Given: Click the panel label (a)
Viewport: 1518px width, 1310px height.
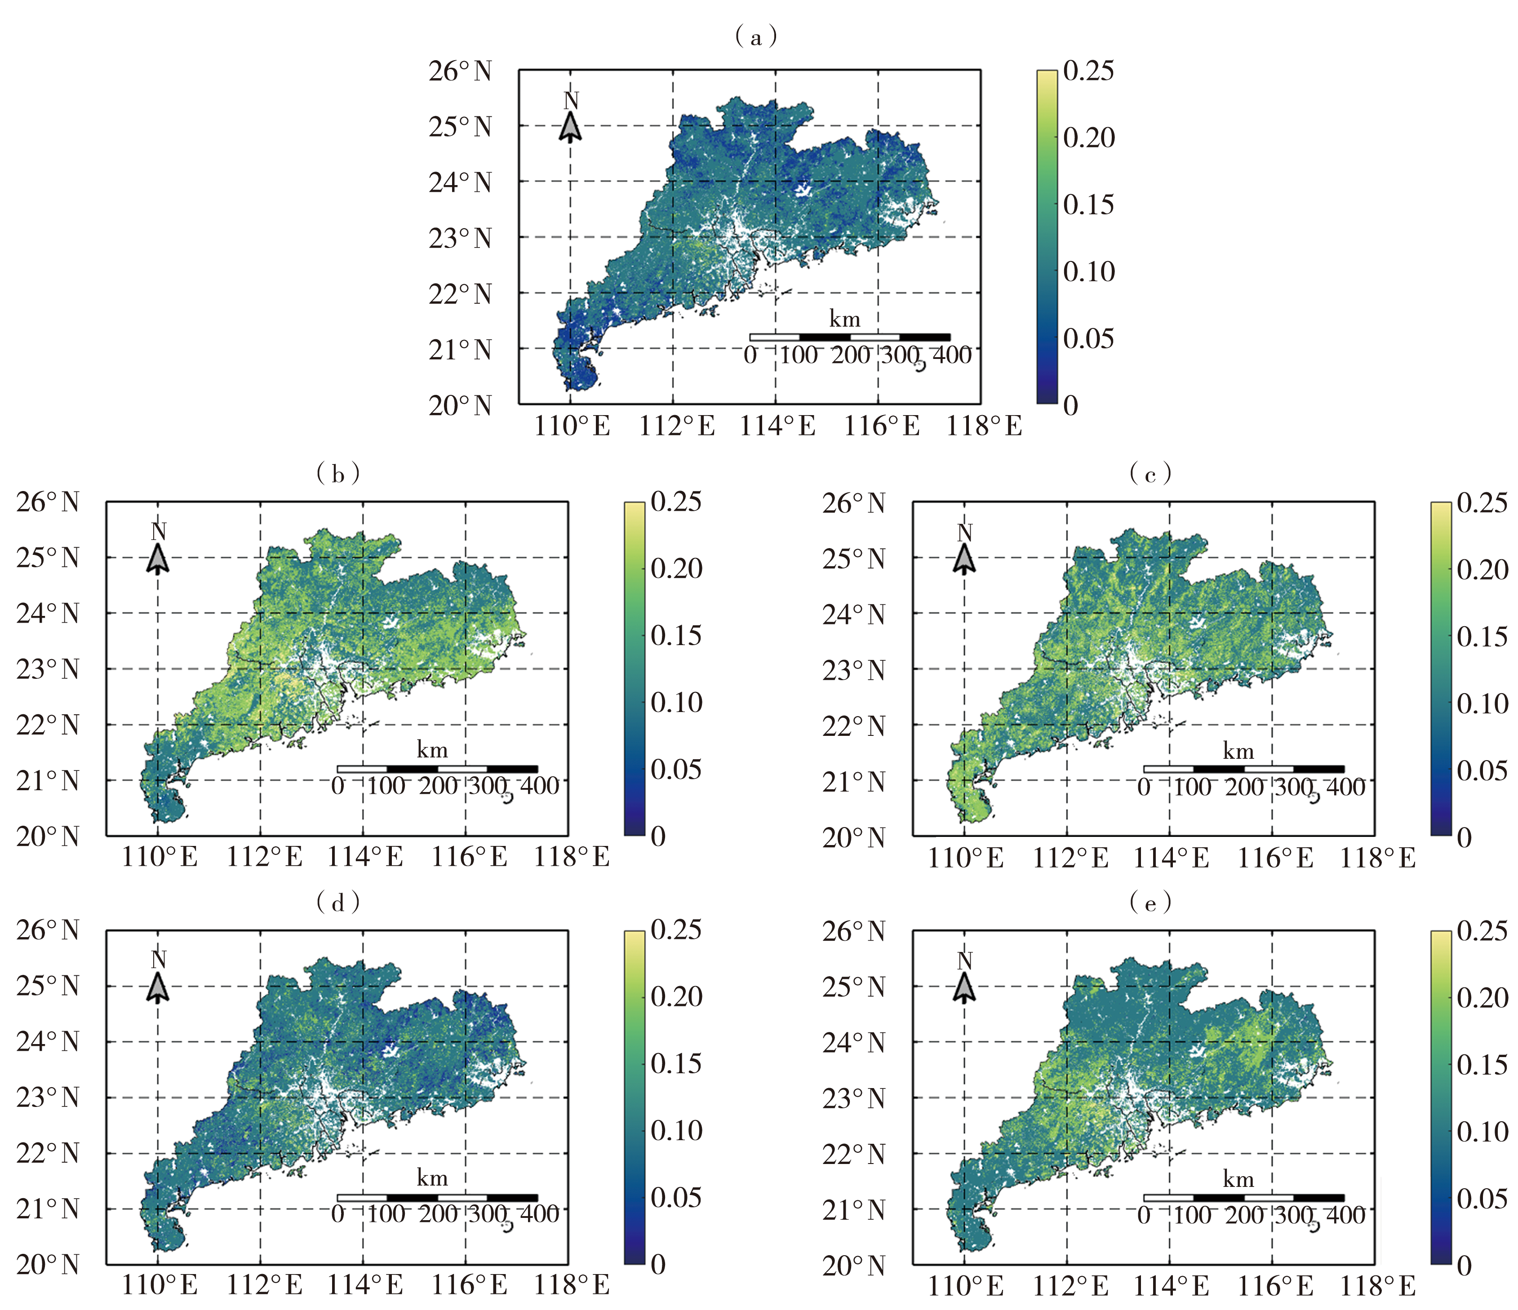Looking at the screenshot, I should (x=755, y=36).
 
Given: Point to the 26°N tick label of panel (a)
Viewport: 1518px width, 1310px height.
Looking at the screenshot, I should (x=460, y=72).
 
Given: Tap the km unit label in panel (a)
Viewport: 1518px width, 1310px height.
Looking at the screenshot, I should (x=844, y=319).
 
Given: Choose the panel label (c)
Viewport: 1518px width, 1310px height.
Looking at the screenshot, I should (x=1150, y=474).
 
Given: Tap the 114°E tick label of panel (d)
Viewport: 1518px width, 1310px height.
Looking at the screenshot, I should (x=364, y=1285).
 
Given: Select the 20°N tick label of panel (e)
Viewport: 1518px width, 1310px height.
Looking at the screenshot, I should (x=853, y=1266).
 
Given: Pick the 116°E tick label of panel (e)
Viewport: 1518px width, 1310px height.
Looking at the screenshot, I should (x=1275, y=1286).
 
